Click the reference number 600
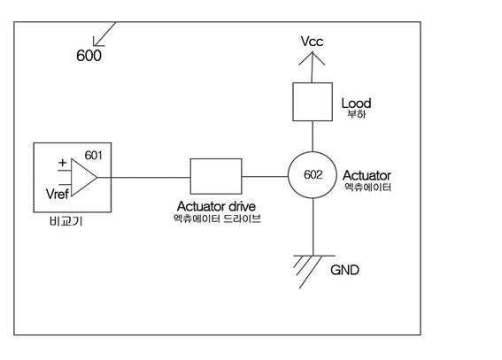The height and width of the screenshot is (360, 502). click(x=89, y=56)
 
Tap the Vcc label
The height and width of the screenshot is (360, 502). click(x=312, y=42)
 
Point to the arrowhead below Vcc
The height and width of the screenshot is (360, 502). click(x=312, y=58)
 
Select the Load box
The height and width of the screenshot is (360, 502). click(x=313, y=102)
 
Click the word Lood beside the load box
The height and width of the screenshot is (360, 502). click(x=356, y=103)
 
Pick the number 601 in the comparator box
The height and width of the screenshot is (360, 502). click(x=94, y=156)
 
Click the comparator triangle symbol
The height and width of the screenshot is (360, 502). click(x=84, y=177)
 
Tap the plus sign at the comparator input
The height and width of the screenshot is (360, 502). click(x=63, y=163)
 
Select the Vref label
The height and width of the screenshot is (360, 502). click(x=58, y=194)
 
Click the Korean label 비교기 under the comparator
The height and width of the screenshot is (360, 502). click(x=66, y=221)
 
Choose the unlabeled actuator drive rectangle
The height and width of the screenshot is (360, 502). click(x=216, y=176)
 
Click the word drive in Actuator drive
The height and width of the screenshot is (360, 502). click(x=240, y=206)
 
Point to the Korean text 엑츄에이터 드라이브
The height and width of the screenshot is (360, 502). click(x=217, y=218)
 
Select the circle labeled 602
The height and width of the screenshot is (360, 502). click(x=313, y=175)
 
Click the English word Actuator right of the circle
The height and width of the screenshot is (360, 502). click(x=367, y=175)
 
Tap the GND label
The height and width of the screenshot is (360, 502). click(x=344, y=270)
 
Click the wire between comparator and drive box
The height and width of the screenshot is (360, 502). click(x=151, y=177)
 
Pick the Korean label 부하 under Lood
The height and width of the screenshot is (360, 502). click(x=356, y=114)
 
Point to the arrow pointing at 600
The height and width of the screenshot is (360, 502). click(x=104, y=34)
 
